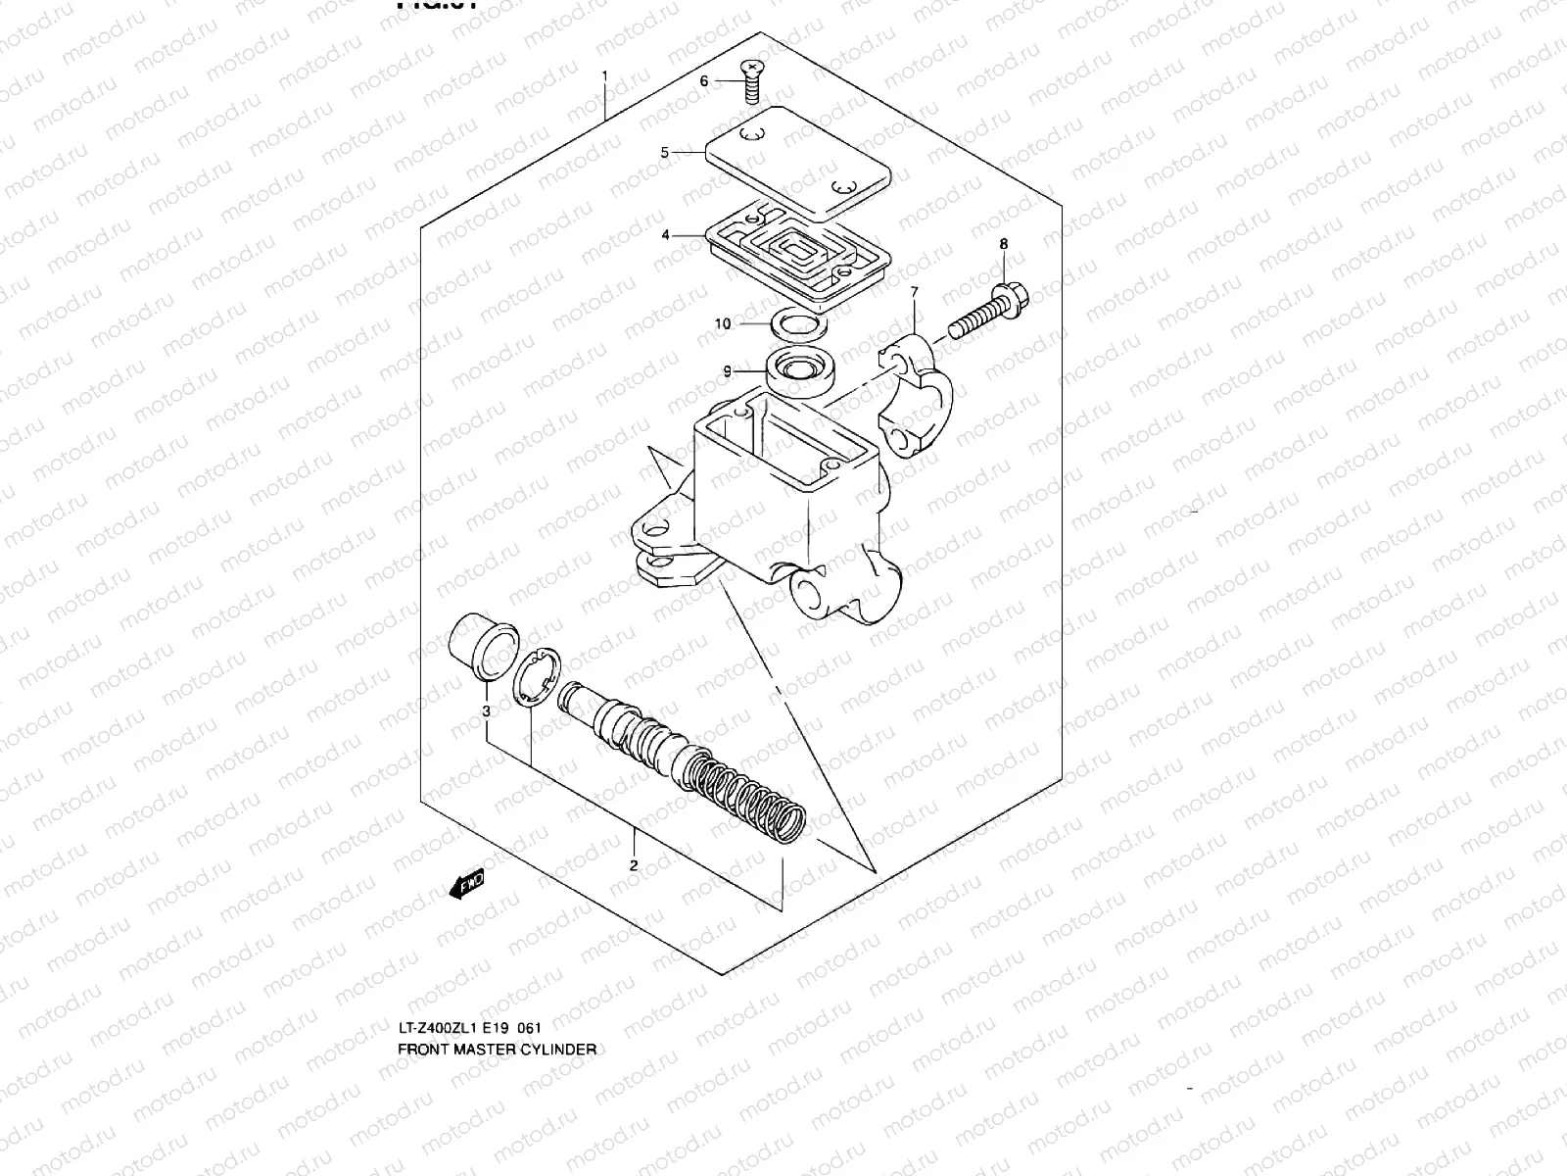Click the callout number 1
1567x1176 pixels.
click(605, 75)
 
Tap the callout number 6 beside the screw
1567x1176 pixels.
click(703, 81)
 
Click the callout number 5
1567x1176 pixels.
click(663, 153)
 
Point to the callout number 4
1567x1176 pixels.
click(665, 235)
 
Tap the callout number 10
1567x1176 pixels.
click(723, 323)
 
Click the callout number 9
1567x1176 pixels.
click(728, 370)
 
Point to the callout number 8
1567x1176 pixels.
click(1003, 243)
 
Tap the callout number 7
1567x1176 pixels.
click(914, 292)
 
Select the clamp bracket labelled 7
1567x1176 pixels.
click(914, 392)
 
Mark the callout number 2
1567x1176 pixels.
click(634, 864)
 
